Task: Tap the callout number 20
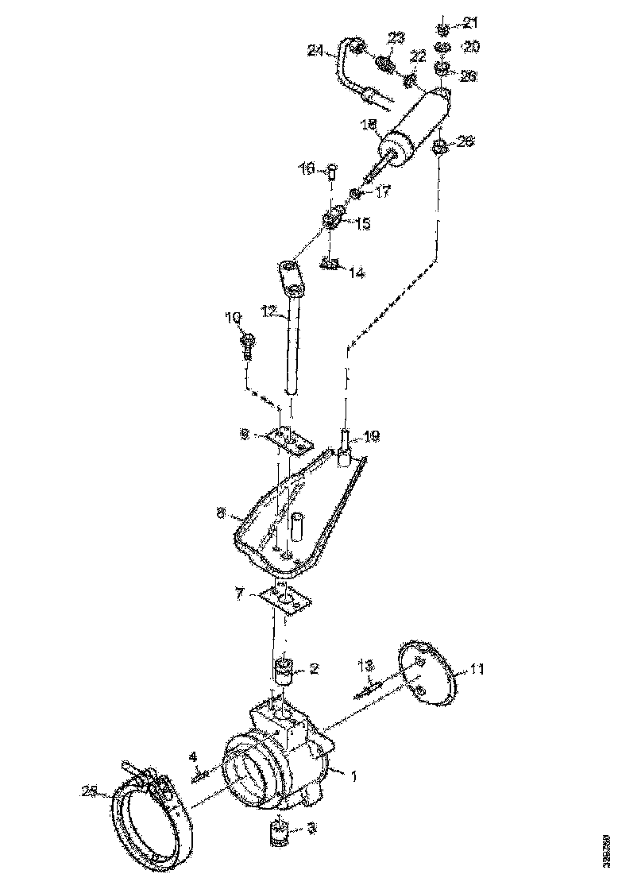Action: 471,48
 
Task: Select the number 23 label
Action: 396,38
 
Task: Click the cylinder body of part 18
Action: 413,127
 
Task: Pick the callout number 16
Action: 307,168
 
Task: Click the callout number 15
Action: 361,224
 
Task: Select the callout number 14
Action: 356,273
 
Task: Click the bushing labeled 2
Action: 284,672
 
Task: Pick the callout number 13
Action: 365,664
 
